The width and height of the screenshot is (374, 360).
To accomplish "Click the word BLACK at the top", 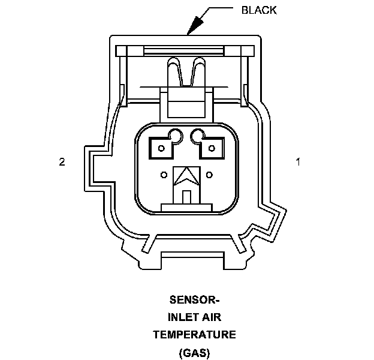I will (258, 10).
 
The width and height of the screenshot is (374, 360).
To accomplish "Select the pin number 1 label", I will (297, 161).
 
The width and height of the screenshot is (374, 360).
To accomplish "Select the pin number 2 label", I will (62, 161).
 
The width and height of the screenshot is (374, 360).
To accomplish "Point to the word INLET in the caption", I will (179, 317).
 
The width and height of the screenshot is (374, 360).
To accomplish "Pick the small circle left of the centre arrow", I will (164, 175).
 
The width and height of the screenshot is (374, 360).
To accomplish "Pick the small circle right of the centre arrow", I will (209, 175).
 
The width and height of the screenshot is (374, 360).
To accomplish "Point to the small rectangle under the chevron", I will (186, 197).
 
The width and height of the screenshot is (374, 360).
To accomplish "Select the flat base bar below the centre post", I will (186, 207).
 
